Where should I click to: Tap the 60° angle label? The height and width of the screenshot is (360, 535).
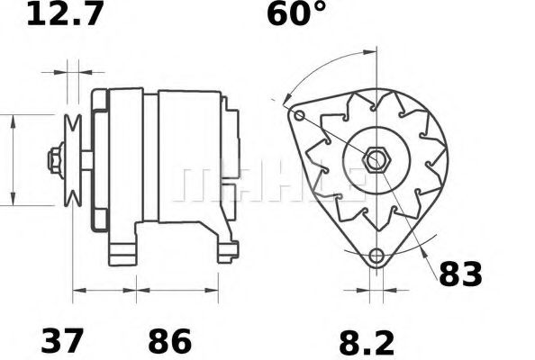pyautogui.click(x=295, y=14)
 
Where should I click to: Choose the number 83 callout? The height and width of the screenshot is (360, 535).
pyautogui.click(x=460, y=274)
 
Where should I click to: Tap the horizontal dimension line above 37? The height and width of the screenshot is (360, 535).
pyautogui.click(x=104, y=291)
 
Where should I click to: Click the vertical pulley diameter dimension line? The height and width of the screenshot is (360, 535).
pyautogui.click(x=14, y=160)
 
